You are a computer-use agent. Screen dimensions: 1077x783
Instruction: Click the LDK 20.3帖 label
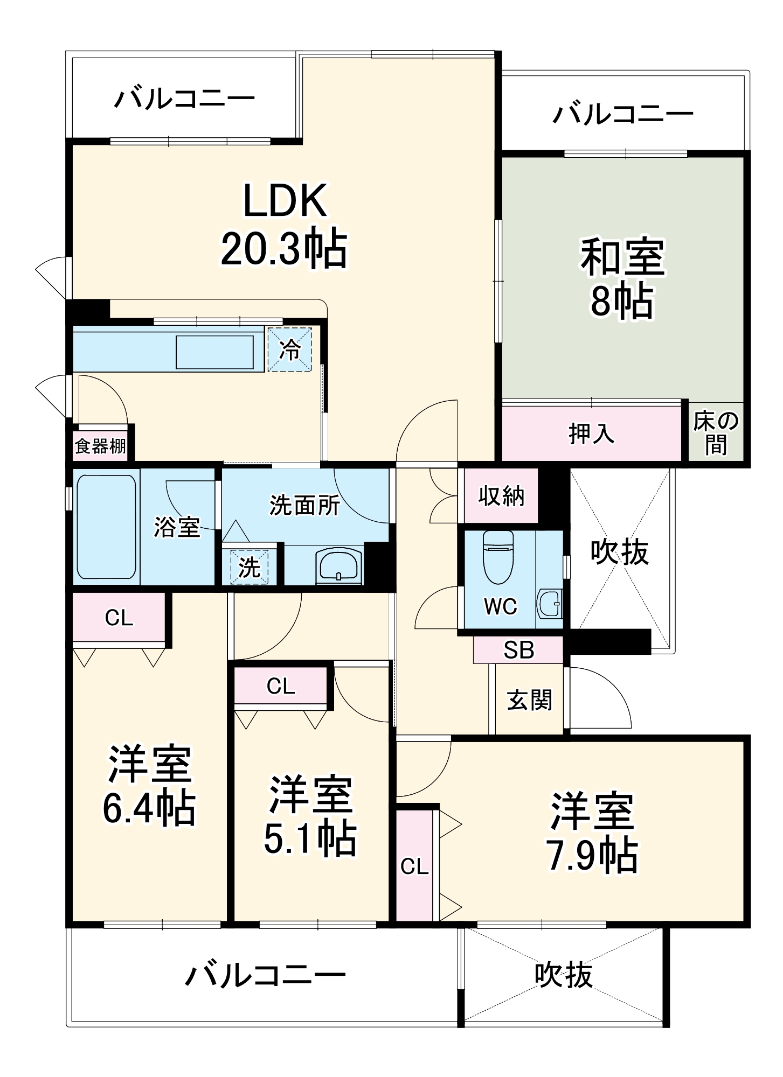click(x=284, y=225)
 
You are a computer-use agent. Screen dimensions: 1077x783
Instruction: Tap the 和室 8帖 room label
click(x=622, y=279)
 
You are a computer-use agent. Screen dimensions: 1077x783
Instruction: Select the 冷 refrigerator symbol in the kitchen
click(x=290, y=350)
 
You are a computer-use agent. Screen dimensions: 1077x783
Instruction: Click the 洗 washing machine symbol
click(x=249, y=567)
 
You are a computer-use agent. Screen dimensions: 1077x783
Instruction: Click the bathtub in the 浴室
click(x=106, y=527)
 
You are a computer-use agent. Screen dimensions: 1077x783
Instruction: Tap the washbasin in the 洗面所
click(x=339, y=566)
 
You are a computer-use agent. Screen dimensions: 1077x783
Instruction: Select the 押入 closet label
click(x=591, y=433)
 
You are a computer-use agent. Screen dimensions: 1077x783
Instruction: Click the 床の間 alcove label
click(x=716, y=433)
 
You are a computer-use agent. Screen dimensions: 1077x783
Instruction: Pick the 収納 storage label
click(x=501, y=496)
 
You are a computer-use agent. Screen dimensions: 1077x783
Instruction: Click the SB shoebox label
click(x=518, y=651)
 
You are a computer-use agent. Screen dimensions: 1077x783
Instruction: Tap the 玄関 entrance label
click(x=529, y=700)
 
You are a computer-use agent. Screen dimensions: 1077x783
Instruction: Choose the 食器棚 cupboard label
click(x=100, y=446)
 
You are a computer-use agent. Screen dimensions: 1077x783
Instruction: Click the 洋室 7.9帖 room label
click(x=593, y=833)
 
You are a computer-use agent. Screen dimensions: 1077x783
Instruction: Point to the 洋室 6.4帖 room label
click(x=149, y=786)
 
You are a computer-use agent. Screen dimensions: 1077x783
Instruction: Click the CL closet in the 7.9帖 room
click(x=414, y=866)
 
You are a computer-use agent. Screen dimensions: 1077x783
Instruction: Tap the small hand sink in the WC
click(x=550, y=604)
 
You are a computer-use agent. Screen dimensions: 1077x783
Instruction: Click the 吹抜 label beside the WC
click(x=619, y=552)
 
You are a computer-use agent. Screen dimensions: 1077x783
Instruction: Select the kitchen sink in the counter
click(x=214, y=352)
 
